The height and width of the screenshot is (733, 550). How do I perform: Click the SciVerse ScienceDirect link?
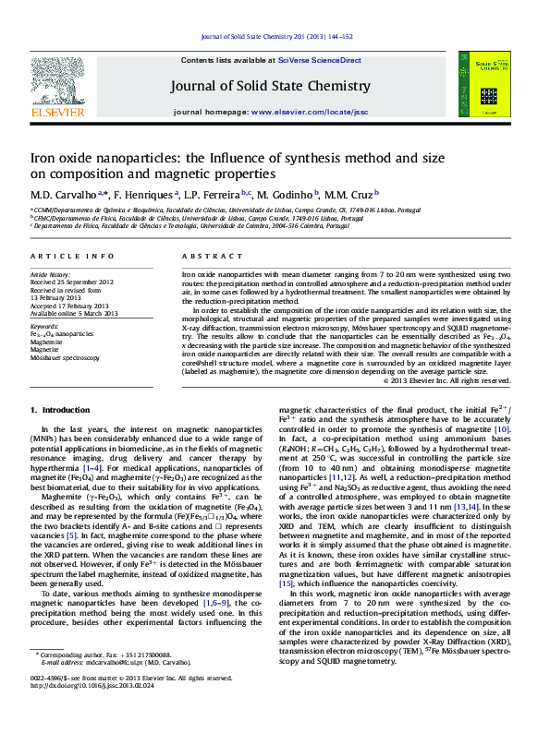click(x=327, y=59)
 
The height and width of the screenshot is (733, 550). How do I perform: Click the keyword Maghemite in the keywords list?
click(x=46, y=341)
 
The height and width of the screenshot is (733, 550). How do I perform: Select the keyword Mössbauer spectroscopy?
click(x=66, y=357)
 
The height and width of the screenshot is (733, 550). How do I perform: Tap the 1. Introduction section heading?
click(x=61, y=409)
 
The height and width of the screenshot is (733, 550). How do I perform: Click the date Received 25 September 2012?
click(x=72, y=282)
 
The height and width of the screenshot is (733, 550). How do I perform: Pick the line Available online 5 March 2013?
click(x=74, y=313)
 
